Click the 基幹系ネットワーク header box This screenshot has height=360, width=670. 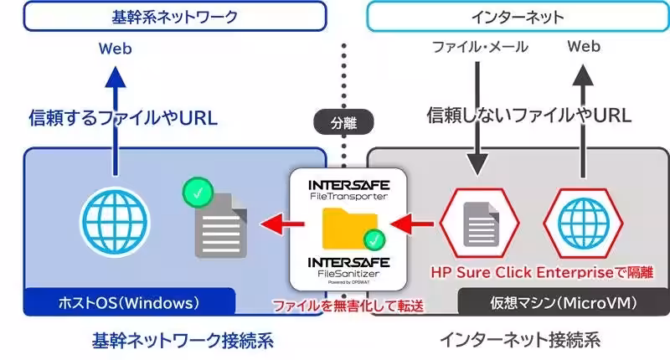click(x=174, y=16)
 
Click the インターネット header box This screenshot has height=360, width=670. click(x=516, y=16)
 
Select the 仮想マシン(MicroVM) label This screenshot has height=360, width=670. click(x=560, y=301)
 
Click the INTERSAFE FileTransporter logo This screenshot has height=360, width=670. click(x=348, y=188)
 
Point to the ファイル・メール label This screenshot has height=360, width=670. click(x=480, y=48)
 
